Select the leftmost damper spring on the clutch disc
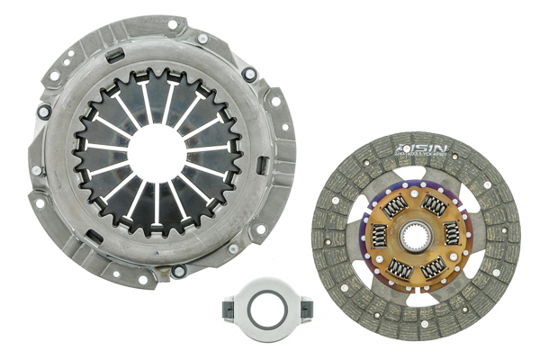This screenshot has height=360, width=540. point(380,236)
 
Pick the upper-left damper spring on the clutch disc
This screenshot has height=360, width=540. point(395,206)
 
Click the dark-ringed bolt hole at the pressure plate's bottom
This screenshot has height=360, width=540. point(179,271)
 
